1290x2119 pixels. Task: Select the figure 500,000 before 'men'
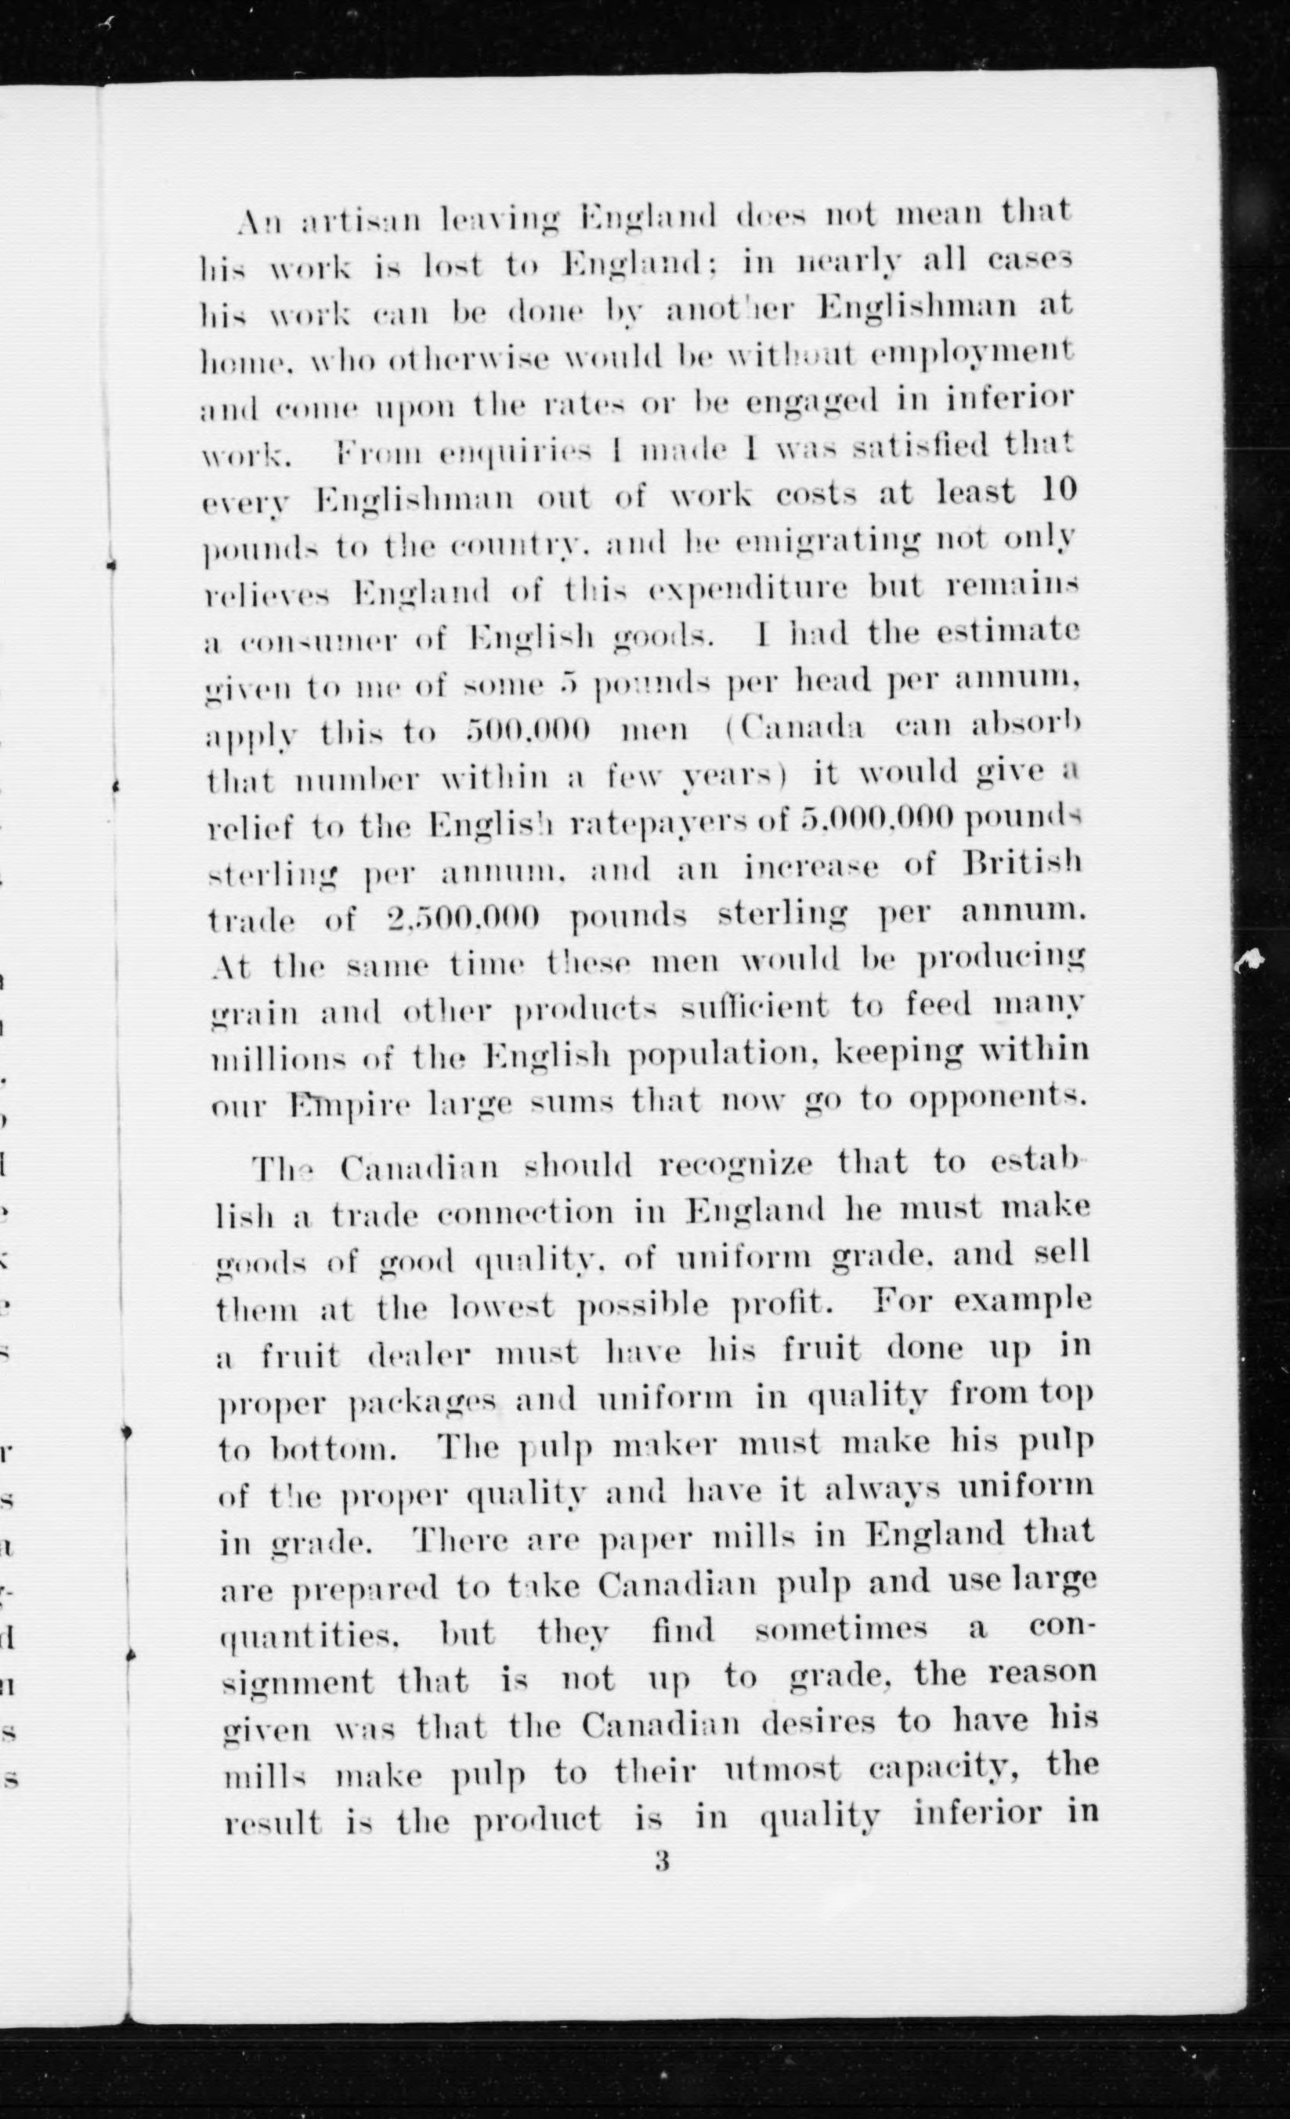[x=527, y=731]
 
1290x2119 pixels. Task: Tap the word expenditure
[x=748, y=590]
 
